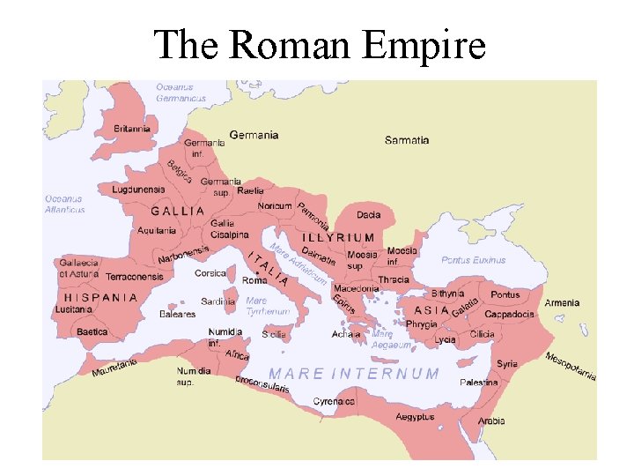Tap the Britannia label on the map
(x=132, y=129)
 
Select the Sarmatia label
(x=407, y=140)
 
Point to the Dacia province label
(x=369, y=215)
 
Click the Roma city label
(x=254, y=280)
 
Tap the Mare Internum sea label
(x=354, y=374)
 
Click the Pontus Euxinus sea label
(x=474, y=260)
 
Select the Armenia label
(x=562, y=303)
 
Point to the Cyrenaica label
(x=335, y=402)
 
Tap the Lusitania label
(x=74, y=309)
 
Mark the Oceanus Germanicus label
(x=181, y=93)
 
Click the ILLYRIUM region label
(x=339, y=238)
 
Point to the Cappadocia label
(x=509, y=315)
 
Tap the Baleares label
(x=177, y=314)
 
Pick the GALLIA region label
(x=178, y=212)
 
